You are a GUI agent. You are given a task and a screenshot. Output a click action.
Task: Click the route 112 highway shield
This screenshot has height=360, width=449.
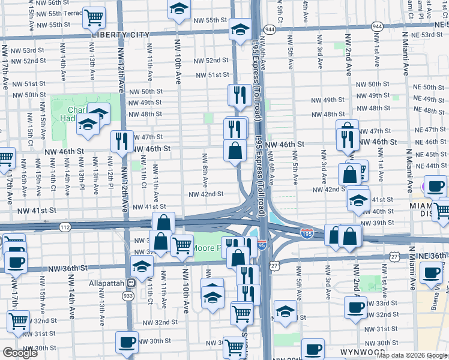click(65, 227)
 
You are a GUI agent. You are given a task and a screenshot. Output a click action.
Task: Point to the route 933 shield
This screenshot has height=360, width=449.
click(128, 295)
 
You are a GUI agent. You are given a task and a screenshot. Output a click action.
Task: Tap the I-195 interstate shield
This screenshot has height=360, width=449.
click(306, 234)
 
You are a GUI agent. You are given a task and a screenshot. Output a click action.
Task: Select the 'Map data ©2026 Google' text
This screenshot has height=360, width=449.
click(411, 355)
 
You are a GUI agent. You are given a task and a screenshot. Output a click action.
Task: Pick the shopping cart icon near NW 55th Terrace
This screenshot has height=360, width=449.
click(93, 18)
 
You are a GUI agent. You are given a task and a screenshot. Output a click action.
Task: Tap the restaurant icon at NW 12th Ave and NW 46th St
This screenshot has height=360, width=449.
click(122, 142)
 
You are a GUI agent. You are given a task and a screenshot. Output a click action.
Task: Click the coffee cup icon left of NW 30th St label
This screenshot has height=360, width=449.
click(127, 342)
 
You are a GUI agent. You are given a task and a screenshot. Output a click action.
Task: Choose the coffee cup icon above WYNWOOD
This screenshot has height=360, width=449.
click(312, 349)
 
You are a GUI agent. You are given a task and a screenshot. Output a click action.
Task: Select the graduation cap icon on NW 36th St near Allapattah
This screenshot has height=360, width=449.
click(142, 267)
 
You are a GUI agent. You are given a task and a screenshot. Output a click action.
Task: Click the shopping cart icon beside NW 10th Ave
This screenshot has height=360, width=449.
click(182, 244)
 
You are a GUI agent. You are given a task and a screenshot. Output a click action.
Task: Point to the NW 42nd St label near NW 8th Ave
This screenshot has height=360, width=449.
click(206, 194)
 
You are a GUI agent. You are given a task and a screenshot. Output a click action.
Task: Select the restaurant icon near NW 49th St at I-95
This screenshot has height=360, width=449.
click(238, 95)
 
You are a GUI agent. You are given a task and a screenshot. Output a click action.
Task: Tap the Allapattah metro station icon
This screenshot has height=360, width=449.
click(130, 283)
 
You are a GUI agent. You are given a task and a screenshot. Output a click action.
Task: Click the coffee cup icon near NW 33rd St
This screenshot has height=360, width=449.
click(355, 308)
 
